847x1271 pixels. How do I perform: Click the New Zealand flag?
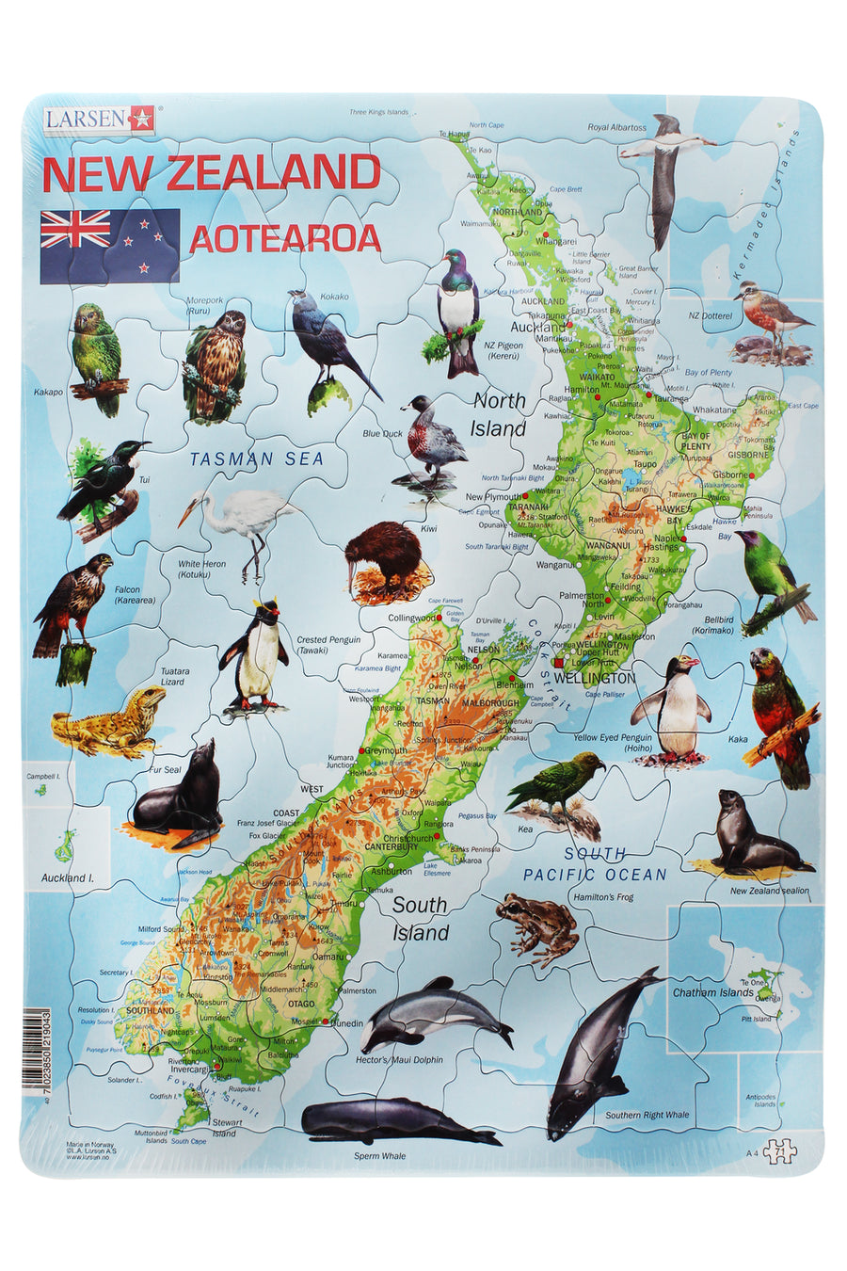[x=109, y=245]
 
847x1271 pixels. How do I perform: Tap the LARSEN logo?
[x=97, y=119]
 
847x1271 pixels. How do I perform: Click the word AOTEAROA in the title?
[x=285, y=239]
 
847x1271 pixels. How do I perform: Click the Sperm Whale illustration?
[x=399, y=1120]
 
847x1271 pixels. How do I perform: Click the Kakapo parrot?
[x=98, y=359]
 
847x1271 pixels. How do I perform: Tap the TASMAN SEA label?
[x=256, y=459]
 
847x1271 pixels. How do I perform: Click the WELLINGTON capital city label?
[x=595, y=677]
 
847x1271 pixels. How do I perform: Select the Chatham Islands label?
[x=712, y=992]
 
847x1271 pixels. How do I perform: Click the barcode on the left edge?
[x=33, y=1049]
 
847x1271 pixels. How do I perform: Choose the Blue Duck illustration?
[x=433, y=438]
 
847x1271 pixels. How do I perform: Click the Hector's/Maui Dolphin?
[x=435, y=1014]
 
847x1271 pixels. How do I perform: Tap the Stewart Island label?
[x=226, y=1127]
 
